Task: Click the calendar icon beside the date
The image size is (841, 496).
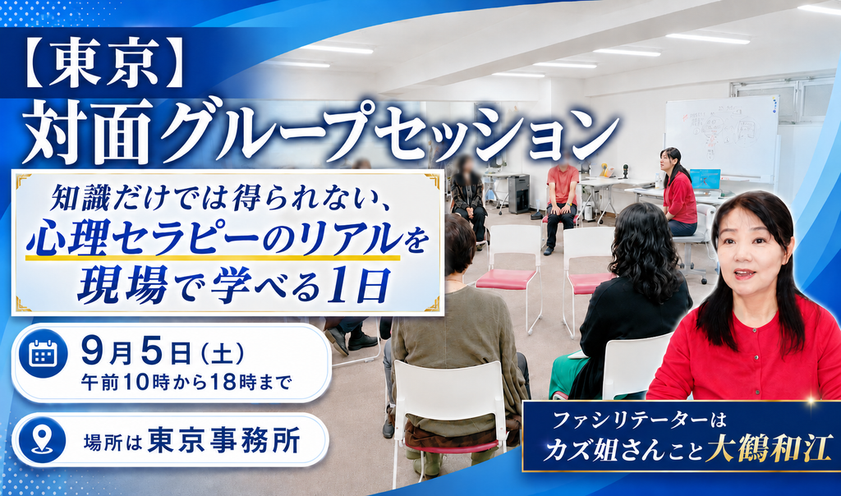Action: (x=44, y=353)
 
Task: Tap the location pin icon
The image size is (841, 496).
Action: (x=42, y=439)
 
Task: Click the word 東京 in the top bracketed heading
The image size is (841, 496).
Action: (x=106, y=63)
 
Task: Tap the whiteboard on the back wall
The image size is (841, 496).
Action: (x=722, y=139)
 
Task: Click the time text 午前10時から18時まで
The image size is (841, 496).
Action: (x=186, y=383)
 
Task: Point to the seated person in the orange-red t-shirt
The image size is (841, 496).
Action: (x=561, y=204)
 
